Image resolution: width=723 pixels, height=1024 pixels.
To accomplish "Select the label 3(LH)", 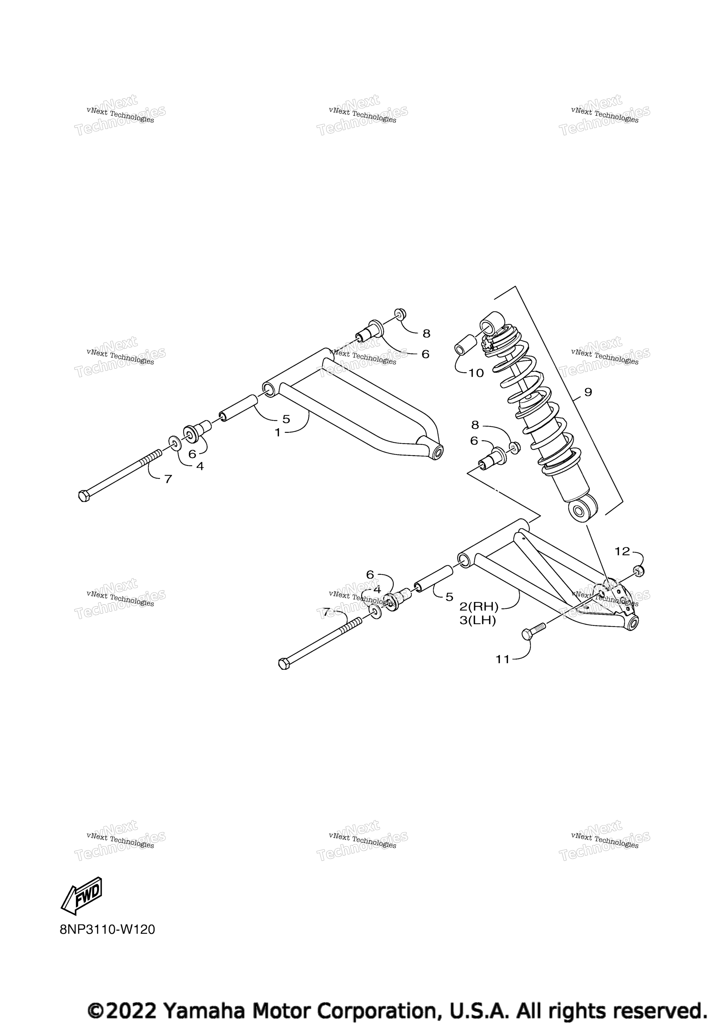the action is [478, 620].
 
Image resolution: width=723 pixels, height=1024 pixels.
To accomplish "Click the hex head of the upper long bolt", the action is [84, 496].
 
